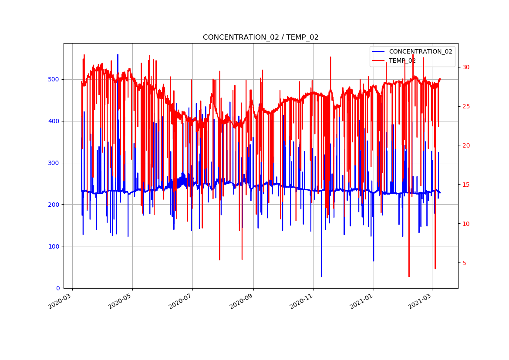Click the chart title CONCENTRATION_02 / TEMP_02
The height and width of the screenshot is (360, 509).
click(260, 37)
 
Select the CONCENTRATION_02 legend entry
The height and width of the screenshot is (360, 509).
click(420, 51)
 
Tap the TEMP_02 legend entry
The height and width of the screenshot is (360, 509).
click(402, 61)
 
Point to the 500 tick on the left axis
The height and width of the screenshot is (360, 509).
click(55, 79)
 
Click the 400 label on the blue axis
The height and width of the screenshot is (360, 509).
click(55, 121)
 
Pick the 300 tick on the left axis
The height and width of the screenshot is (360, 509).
click(55, 163)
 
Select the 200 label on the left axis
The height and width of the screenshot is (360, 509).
click(55, 205)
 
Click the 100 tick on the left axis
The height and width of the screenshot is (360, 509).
click(55, 246)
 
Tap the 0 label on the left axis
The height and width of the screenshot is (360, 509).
click(58, 288)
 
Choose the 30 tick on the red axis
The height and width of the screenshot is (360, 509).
click(466, 67)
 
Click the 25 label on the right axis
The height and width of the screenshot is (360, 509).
click(466, 106)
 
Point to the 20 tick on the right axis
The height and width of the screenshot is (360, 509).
click(466, 145)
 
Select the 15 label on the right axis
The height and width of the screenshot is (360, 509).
click(466, 185)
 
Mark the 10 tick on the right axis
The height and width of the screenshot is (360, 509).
click(466, 224)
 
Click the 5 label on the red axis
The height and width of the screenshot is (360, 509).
click(464, 263)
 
